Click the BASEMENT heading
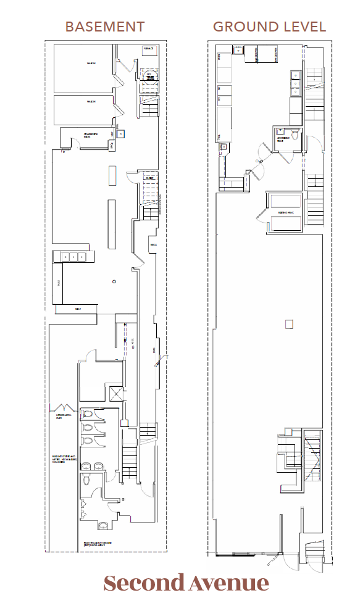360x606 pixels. (x=105, y=27)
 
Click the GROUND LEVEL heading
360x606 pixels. (x=269, y=27)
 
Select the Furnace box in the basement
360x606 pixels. (x=148, y=48)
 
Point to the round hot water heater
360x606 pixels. (x=148, y=77)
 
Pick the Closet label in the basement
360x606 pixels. (x=149, y=178)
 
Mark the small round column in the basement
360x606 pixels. (x=114, y=281)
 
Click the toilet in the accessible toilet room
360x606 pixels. (x=295, y=137)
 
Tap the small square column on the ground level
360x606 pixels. (x=288, y=324)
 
